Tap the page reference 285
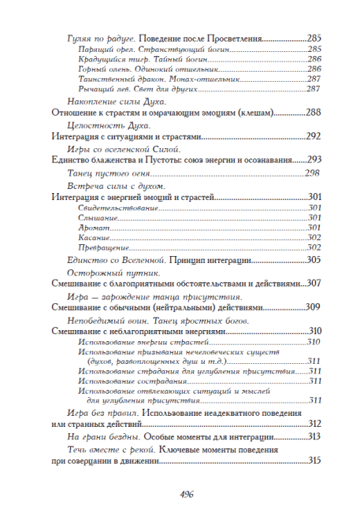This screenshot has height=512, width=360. click(314, 37)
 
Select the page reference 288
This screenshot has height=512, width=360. click(314, 113)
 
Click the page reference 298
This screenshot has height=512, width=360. click(311, 173)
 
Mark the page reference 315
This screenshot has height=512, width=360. click(314, 461)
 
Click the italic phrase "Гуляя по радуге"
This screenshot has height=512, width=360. click(94, 37)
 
